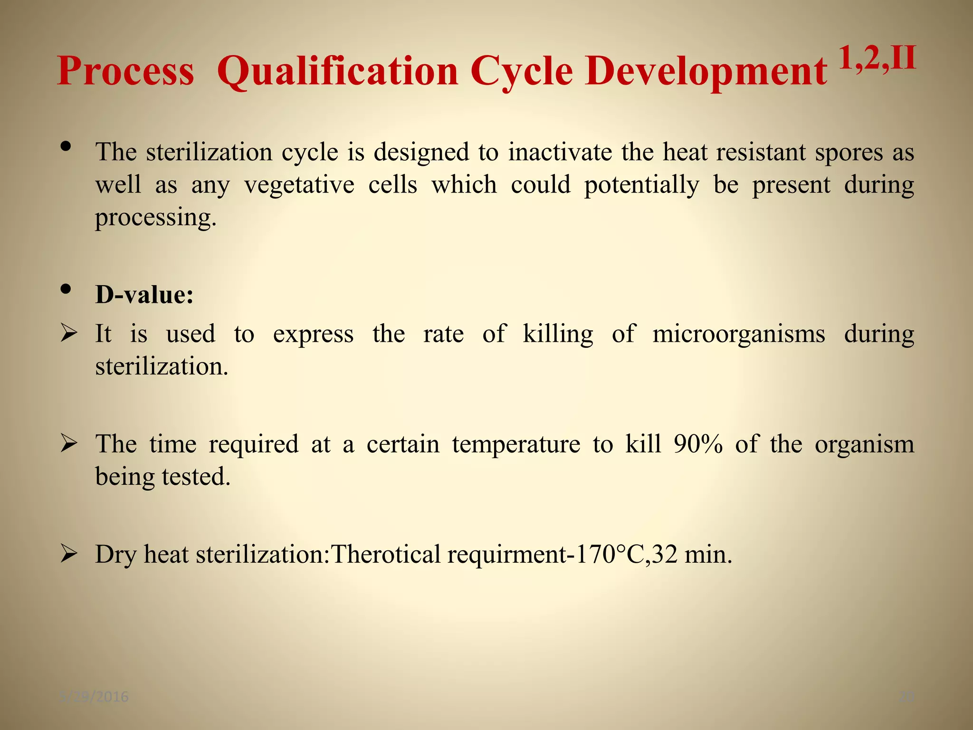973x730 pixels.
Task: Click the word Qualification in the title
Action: (x=337, y=71)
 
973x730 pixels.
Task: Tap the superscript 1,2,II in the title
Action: (x=877, y=59)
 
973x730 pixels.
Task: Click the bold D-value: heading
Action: (x=144, y=295)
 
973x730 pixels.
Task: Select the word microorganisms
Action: (x=739, y=334)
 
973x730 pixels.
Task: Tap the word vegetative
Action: (x=299, y=184)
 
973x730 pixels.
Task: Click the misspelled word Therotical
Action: (x=386, y=554)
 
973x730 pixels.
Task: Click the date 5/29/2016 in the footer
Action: (x=95, y=697)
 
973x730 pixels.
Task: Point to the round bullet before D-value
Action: (x=66, y=289)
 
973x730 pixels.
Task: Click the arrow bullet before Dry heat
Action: (x=69, y=554)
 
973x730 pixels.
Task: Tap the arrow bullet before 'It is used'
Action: (x=69, y=334)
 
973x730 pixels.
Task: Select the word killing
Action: (x=558, y=334)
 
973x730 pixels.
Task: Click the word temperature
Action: (x=516, y=444)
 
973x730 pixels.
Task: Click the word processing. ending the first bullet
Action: (x=156, y=218)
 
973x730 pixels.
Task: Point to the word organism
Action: (x=864, y=444)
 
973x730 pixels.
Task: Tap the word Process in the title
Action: (x=125, y=71)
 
